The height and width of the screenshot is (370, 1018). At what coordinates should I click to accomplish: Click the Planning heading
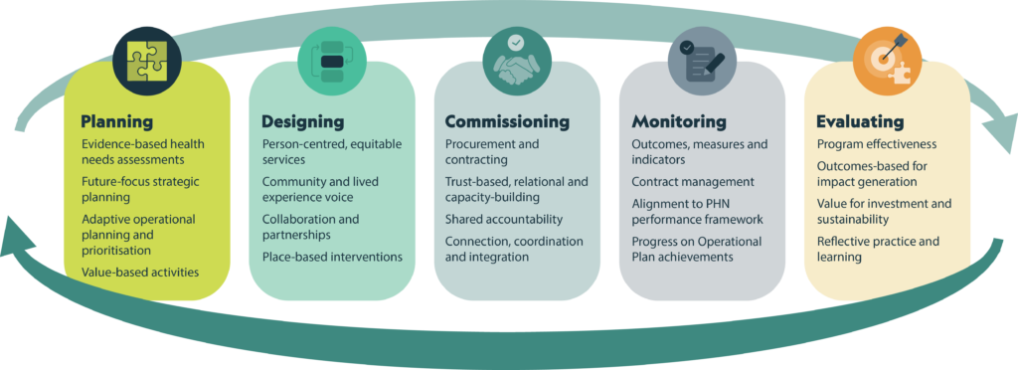[x=117, y=121]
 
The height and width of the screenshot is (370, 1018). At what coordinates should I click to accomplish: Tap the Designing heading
[x=302, y=121]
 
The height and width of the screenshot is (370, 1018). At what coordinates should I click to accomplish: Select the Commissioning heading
[x=507, y=121]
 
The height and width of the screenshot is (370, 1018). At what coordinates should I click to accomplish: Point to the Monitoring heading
[x=679, y=121]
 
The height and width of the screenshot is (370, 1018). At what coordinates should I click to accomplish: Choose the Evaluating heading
[x=860, y=121]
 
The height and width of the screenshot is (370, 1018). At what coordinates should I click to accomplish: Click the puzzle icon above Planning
[x=147, y=62]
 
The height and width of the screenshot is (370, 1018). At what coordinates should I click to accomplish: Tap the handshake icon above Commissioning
[x=516, y=62]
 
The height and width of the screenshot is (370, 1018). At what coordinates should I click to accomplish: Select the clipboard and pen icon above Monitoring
[x=703, y=62]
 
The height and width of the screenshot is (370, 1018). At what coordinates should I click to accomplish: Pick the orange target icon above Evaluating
[x=888, y=62]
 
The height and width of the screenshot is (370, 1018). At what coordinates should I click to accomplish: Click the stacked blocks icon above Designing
[x=332, y=62]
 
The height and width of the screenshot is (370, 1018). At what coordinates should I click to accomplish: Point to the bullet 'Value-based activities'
[x=140, y=272]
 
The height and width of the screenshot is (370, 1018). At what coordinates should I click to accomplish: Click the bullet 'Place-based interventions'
[x=332, y=257]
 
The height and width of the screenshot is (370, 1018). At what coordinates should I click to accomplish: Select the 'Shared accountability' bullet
[x=504, y=219]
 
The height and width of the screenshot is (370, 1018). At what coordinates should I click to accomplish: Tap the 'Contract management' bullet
[x=693, y=182]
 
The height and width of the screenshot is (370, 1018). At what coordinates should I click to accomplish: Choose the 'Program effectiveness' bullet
[x=877, y=144]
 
